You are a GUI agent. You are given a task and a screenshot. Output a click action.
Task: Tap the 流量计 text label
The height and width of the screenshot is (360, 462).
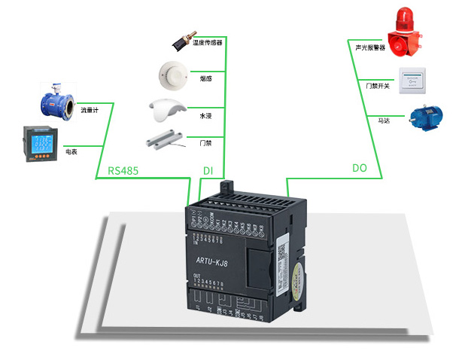[x=90, y=111]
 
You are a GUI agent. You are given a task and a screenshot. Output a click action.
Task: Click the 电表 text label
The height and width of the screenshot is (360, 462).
[x=71, y=151]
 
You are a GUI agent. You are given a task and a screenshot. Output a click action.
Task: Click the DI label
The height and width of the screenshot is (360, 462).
[x=208, y=171]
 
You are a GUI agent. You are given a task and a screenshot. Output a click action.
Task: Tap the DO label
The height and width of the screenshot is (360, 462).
[x=360, y=168]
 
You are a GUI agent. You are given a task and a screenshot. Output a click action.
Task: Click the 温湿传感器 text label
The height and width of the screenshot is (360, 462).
[x=208, y=43]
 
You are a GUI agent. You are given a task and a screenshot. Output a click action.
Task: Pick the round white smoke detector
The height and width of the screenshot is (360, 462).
[x=171, y=73]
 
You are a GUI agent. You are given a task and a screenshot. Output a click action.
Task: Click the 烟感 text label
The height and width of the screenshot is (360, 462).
[x=205, y=78]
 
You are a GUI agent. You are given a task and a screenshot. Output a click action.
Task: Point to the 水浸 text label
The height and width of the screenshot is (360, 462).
[x=205, y=116]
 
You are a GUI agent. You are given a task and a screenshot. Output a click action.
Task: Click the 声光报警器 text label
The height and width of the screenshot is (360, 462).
[x=370, y=47]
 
